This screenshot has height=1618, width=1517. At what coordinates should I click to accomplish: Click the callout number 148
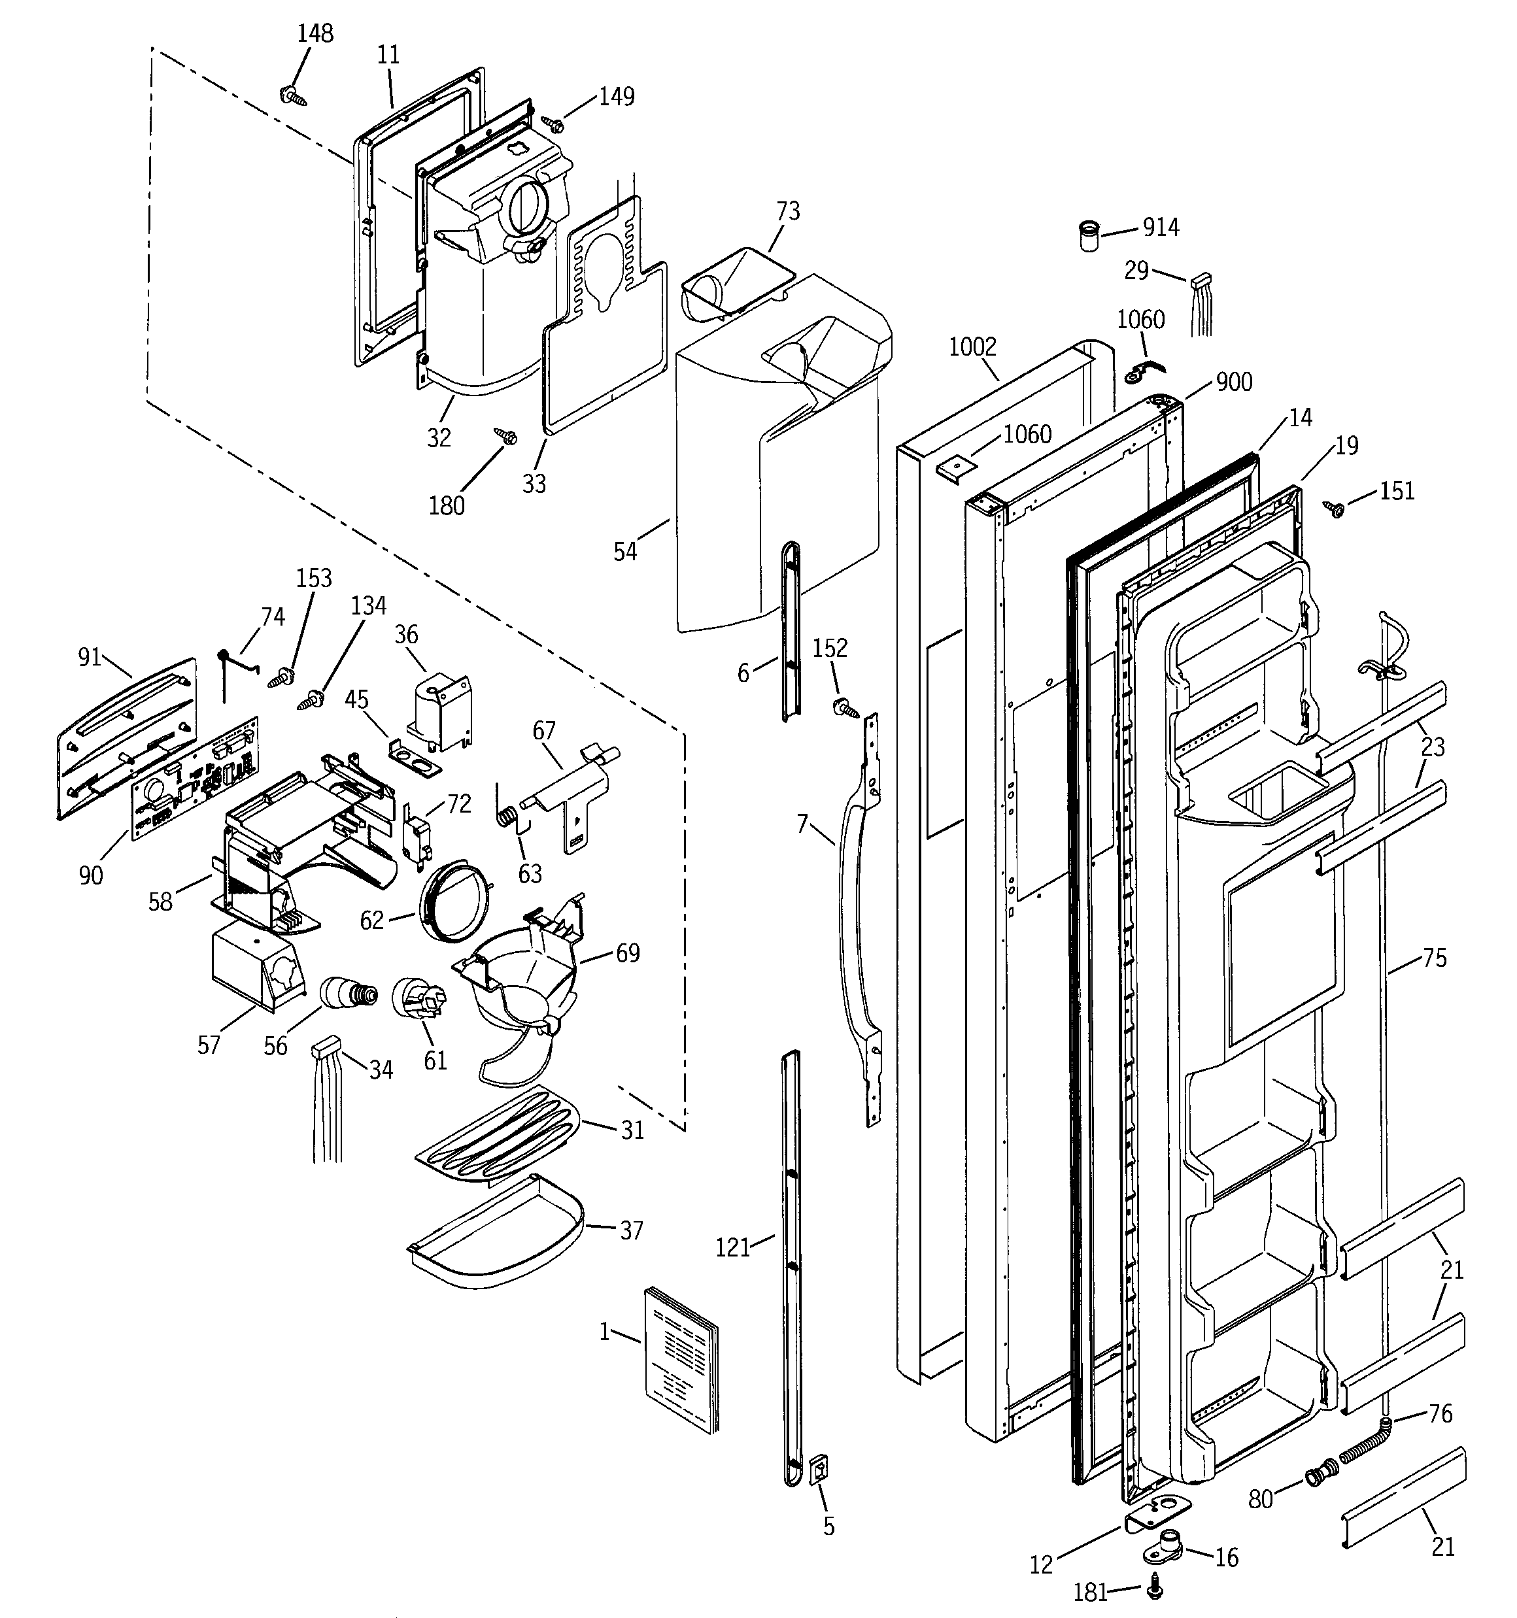pos(315,33)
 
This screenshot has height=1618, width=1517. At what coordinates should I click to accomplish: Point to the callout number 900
pos(1234,382)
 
